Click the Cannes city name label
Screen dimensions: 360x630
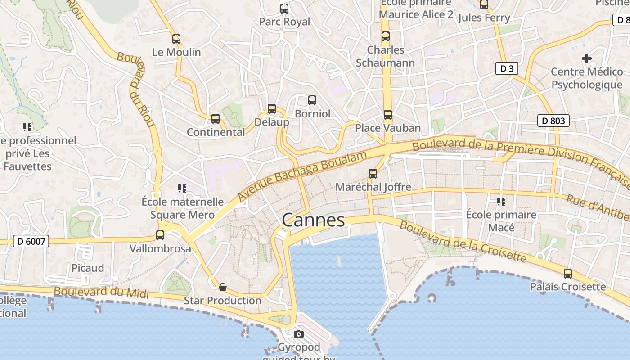pos(313,220)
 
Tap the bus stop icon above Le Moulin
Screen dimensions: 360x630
pos(176,39)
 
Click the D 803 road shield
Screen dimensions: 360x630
pos(553,121)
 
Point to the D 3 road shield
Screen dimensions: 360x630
pos(507,68)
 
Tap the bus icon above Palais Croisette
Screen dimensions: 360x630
pos(568,273)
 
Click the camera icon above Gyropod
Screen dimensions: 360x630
pos(298,334)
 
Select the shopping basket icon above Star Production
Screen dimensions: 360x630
pos(222,287)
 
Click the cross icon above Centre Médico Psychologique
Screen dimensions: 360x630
pos(586,58)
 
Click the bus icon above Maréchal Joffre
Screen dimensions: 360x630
pos(373,173)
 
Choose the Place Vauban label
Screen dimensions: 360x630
pos(388,128)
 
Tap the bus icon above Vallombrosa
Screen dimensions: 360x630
pos(160,235)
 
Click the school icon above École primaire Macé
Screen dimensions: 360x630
pos(501,201)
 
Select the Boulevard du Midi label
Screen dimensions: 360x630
pos(101,292)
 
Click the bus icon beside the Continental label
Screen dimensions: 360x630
pos(216,119)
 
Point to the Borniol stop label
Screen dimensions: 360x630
pos(312,114)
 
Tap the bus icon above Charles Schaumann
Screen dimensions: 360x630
pos(385,36)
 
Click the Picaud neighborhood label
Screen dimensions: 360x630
pos(88,268)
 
